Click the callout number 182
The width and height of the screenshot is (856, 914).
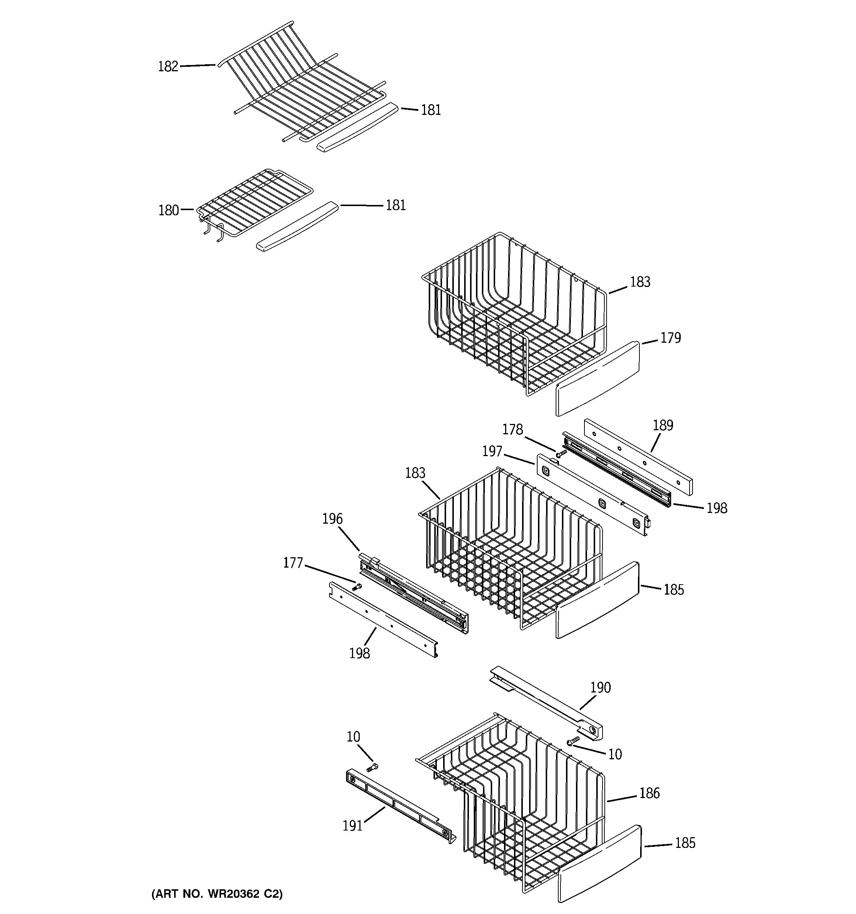(168, 67)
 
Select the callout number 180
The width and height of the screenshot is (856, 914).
(168, 210)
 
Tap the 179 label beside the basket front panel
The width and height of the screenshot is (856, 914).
(670, 338)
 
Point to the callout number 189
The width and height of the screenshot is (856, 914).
(663, 425)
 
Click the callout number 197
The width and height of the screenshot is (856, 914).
(491, 452)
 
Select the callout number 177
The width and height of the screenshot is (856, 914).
(293, 563)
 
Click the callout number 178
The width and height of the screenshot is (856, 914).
(512, 429)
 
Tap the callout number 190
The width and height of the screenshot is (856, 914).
(600, 688)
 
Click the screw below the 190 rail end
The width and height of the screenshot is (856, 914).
(573, 740)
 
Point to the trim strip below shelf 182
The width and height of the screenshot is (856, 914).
(357, 127)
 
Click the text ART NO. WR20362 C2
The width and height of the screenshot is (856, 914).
(217, 894)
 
